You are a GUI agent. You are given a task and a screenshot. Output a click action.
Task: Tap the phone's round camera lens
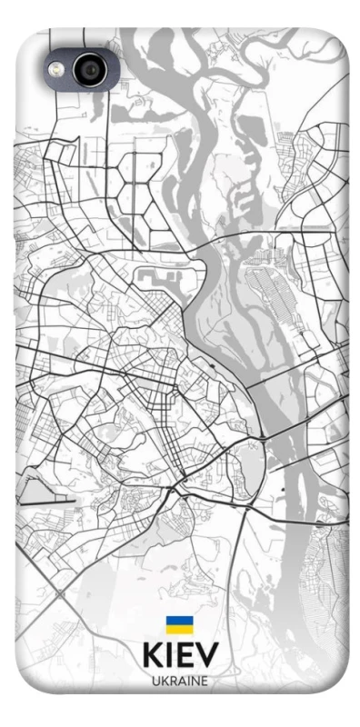coord(88,70)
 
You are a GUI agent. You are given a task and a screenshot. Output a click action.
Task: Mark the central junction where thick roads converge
coord(178,482)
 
